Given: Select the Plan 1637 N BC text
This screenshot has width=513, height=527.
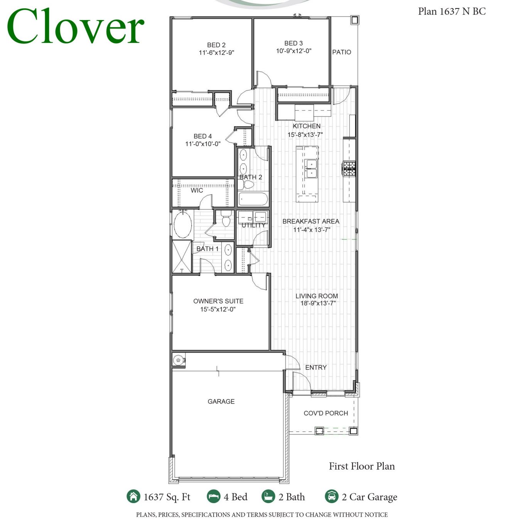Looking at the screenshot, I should click(x=452, y=12).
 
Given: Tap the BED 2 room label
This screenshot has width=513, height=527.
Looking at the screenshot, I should click(x=216, y=45).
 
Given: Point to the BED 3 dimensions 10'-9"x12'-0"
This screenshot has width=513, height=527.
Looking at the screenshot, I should click(x=294, y=51).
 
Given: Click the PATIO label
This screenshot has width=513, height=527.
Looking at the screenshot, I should click(x=342, y=52).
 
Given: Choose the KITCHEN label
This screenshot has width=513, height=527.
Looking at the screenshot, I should click(x=306, y=126).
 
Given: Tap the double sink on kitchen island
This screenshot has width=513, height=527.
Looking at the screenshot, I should click(x=311, y=169).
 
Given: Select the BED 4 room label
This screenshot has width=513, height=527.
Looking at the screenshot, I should click(x=202, y=136).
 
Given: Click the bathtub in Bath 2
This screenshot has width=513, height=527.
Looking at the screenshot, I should click(x=253, y=199).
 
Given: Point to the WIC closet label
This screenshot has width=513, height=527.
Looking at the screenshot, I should click(x=197, y=190).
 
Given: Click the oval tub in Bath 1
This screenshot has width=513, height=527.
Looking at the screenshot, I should click(x=183, y=225).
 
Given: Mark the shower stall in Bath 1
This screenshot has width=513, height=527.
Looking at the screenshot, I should click(x=182, y=257).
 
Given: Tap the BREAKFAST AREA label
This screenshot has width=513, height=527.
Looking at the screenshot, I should click(x=311, y=221).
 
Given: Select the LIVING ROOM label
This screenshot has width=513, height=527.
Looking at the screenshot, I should click(x=317, y=296).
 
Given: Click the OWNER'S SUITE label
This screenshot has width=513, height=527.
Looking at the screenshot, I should click(x=218, y=301).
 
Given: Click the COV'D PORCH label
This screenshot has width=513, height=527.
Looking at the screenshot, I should click(x=326, y=413).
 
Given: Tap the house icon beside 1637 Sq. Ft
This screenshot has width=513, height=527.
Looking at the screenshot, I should click(x=133, y=497).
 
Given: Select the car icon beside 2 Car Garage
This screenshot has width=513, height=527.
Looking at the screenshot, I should click(x=331, y=497).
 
